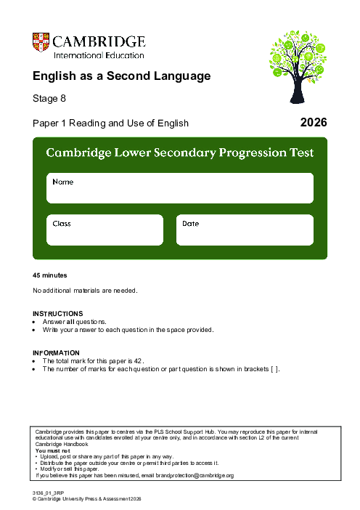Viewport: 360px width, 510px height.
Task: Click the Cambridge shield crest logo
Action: (x=41, y=43)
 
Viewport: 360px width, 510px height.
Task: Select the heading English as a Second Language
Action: (x=121, y=76)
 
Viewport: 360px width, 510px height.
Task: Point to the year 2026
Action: (x=314, y=123)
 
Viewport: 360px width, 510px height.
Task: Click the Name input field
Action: (x=180, y=188)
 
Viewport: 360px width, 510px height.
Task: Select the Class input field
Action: (x=105, y=230)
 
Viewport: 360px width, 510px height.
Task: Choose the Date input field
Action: (x=245, y=230)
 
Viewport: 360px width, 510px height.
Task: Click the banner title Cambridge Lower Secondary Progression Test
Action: (x=180, y=153)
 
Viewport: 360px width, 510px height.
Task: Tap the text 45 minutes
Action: (x=50, y=275)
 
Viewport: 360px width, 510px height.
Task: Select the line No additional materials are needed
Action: (x=85, y=291)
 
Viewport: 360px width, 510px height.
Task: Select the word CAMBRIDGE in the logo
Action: (x=99, y=41)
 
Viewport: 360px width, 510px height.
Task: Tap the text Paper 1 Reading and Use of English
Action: (x=110, y=124)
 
